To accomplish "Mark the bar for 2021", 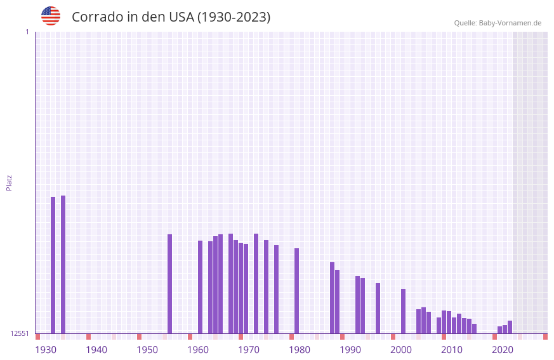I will (510, 327).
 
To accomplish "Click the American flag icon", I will (51, 16).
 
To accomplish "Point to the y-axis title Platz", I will (9, 182).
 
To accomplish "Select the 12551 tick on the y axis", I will (20, 333).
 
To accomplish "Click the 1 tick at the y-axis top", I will (27, 32).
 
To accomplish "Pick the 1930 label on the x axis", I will (46, 350).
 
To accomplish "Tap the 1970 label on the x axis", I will (249, 350).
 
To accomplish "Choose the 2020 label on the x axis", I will (503, 350).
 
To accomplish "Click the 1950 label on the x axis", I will (147, 350).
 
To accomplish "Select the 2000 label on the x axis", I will (401, 350).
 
